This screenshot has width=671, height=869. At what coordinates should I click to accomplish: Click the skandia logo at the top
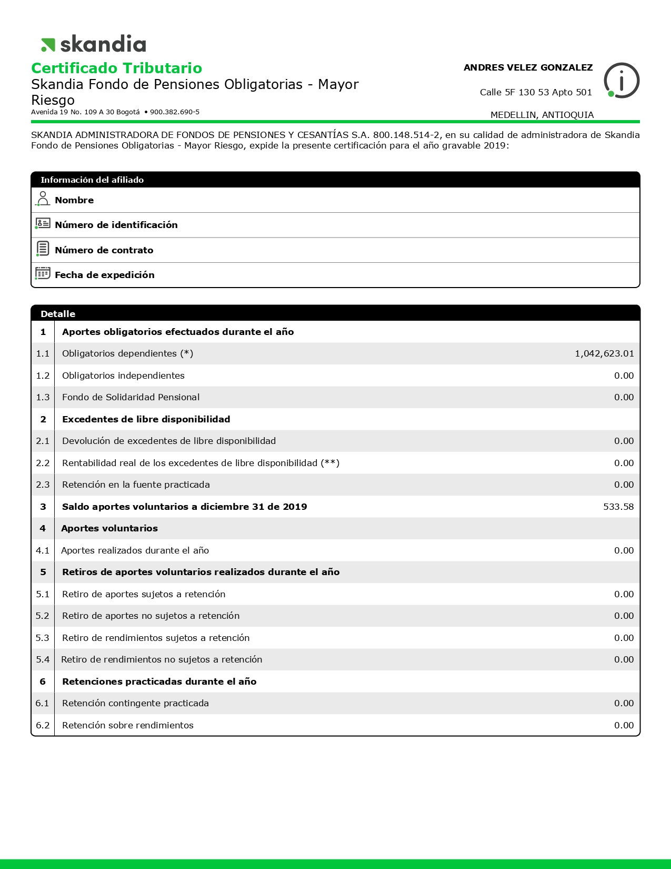pos(94,44)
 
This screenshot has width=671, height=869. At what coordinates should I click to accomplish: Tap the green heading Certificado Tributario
pos(116,68)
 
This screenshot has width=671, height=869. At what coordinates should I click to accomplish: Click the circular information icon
pos(622,81)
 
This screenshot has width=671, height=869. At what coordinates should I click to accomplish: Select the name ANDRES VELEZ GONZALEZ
pos(528,67)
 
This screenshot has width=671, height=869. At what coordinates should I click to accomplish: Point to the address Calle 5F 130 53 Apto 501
pos(536,92)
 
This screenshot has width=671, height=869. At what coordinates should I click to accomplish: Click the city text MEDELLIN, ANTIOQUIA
pos(542,115)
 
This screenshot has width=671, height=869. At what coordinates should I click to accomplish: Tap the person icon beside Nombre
pos(43,199)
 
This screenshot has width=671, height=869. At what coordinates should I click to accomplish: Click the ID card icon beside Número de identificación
pos(43,223)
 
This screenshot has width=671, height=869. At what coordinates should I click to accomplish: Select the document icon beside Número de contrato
pos(43,248)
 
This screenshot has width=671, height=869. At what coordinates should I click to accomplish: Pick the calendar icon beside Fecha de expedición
pos(43,273)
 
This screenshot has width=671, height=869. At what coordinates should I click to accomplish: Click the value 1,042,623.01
pos(604,353)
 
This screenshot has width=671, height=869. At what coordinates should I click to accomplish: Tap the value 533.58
pos(618,507)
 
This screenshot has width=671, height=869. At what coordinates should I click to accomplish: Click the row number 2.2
pos(43,463)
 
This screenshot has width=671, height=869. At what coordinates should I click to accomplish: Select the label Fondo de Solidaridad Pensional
pos(131,397)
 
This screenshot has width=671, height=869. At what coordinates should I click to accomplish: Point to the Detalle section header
pos(58,314)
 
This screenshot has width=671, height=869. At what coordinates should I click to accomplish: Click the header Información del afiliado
pos(92,180)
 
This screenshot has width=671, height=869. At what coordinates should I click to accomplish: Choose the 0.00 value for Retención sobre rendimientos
pos(624,725)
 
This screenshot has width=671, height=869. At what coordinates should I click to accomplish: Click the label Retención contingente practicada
pos(135,703)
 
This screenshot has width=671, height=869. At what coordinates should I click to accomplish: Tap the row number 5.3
pos(43,638)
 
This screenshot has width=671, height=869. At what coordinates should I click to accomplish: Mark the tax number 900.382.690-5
pos(175,112)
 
